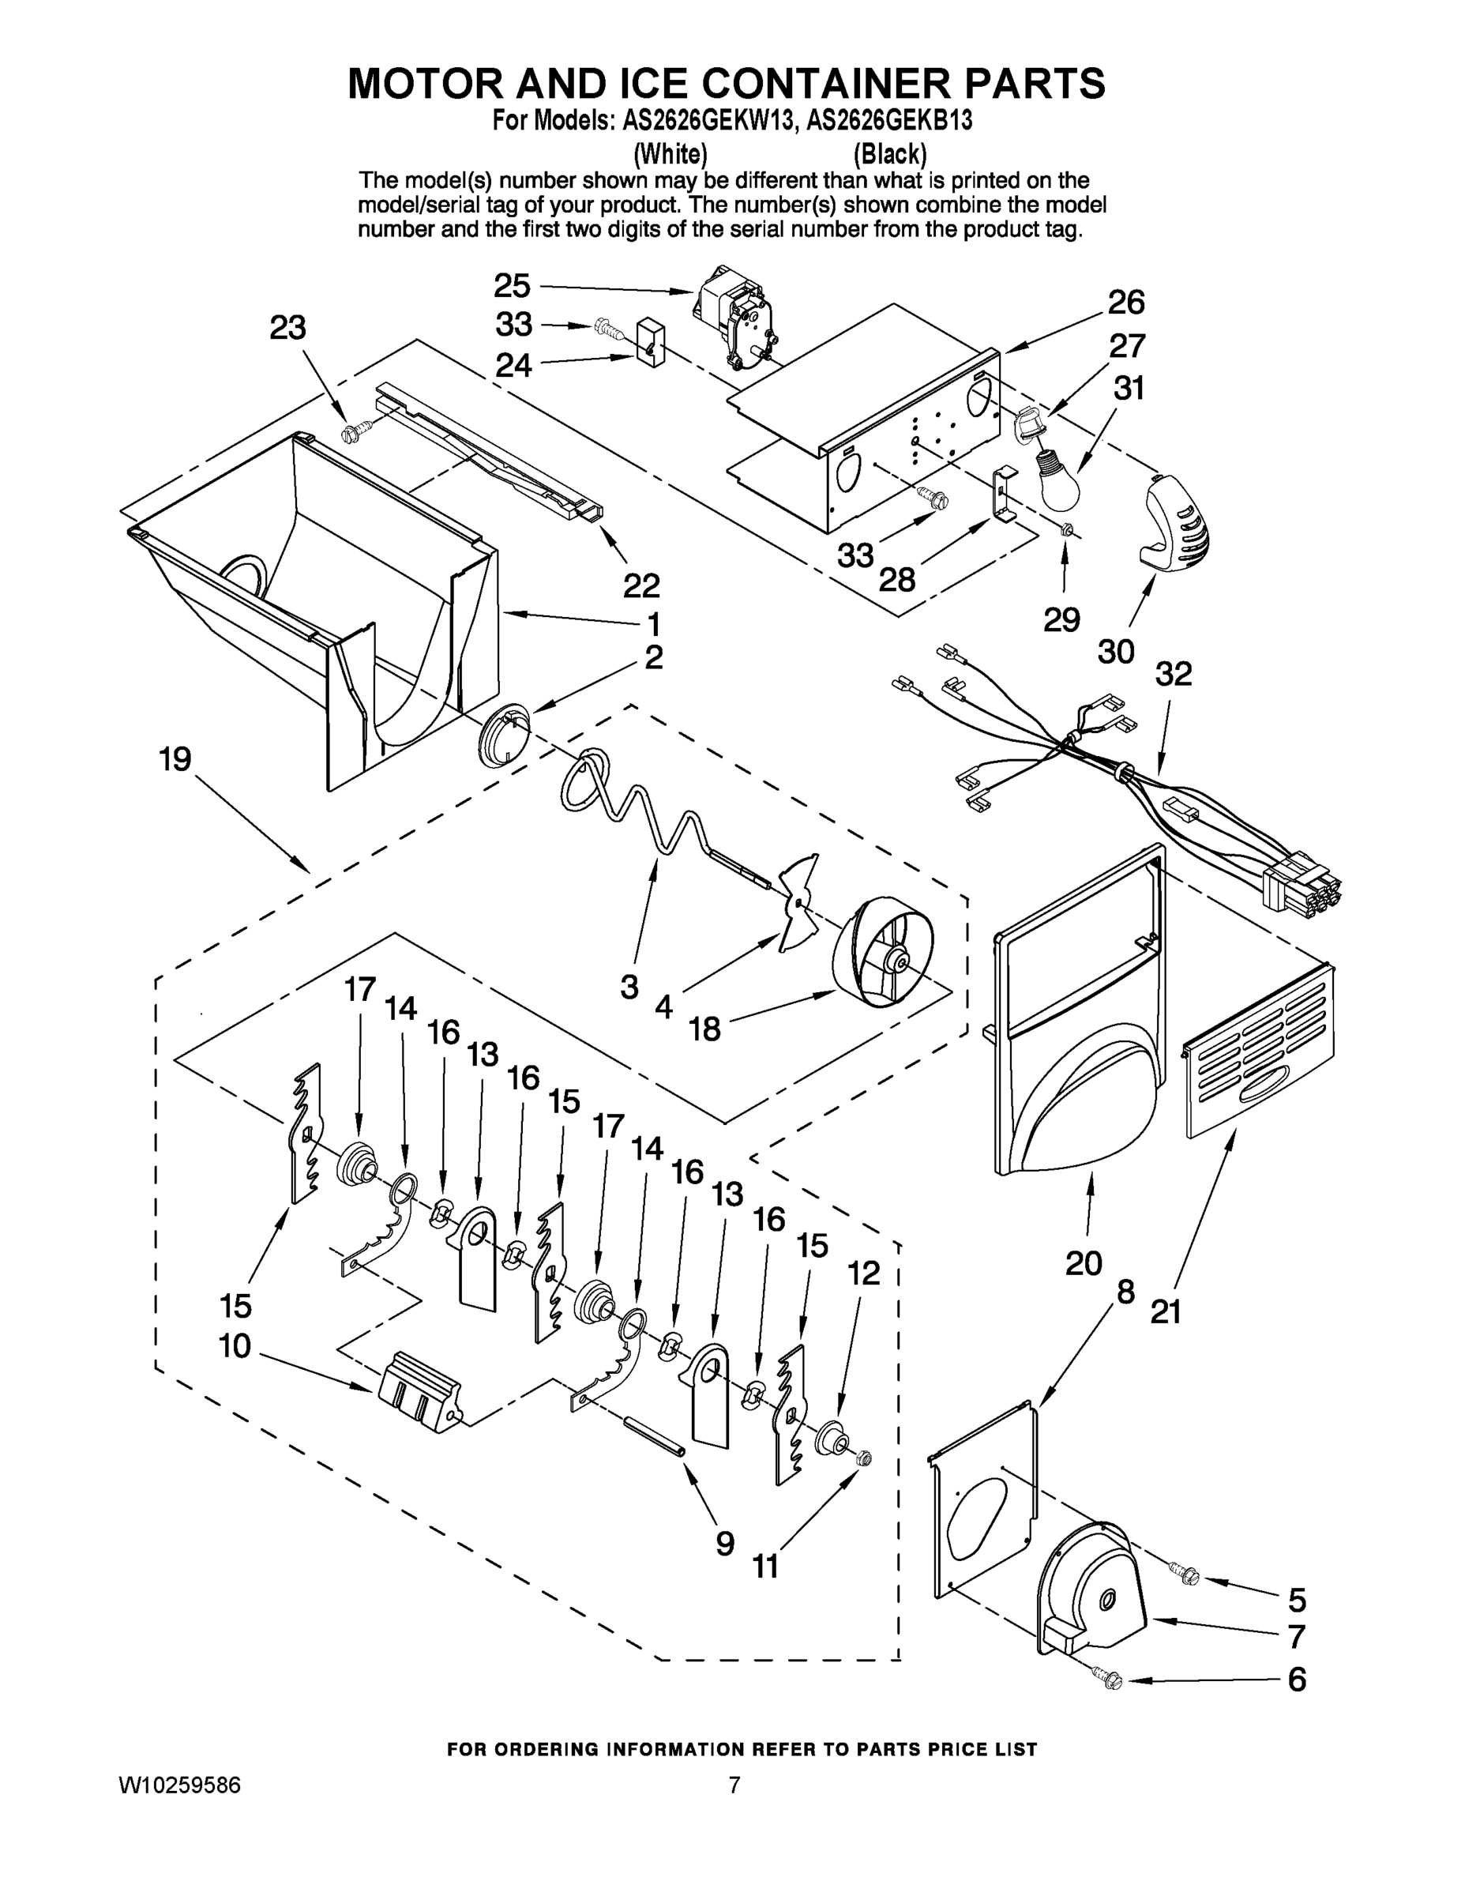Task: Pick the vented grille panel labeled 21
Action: [1260, 1051]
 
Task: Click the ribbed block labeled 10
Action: [420, 1388]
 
